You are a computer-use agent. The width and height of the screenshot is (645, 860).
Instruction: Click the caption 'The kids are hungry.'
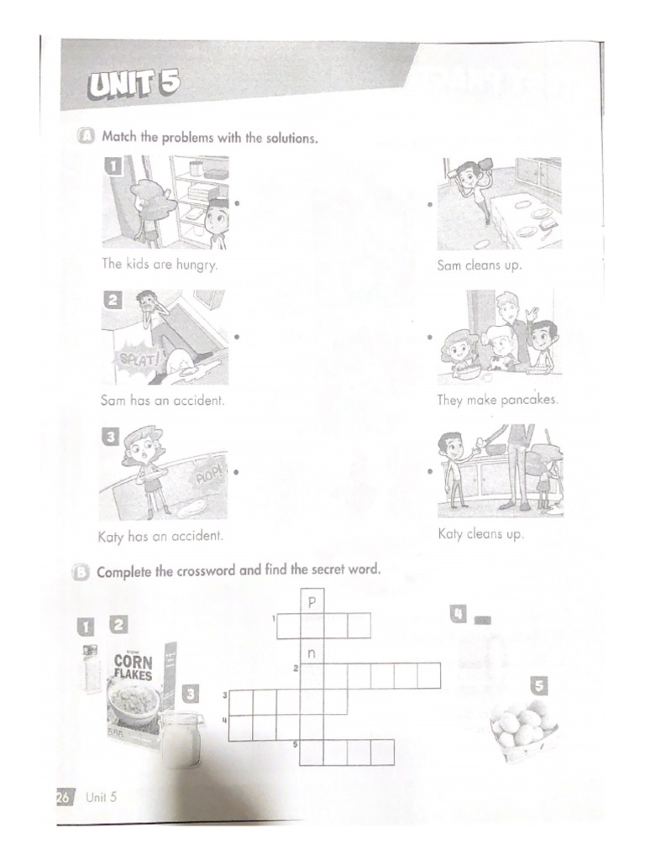(x=160, y=264)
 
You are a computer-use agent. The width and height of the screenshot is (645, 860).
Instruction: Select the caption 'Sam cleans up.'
(x=479, y=265)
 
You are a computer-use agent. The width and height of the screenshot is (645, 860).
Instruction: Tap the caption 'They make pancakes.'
(x=497, y=401)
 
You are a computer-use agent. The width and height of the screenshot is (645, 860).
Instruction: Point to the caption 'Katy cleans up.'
(x=480, y=533)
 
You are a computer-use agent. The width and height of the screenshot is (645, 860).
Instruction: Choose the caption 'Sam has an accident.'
(x=162, y=401)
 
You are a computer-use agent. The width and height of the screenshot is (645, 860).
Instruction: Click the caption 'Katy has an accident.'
(x=161, y=535)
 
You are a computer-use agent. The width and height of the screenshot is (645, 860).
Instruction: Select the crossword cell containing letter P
(x=312, y=601)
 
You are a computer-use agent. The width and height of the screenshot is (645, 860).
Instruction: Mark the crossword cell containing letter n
(x=312, y=651)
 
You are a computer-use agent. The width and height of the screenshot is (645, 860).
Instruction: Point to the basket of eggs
(x=524, y=729)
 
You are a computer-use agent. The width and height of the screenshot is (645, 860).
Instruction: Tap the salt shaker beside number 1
(x=90, y=669)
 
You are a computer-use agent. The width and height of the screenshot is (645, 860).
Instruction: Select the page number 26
(x=65, y=797)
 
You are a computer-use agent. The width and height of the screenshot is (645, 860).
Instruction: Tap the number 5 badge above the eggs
(x=538, y=686)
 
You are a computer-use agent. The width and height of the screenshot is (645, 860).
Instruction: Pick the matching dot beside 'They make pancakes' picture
(x=430, y=338)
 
